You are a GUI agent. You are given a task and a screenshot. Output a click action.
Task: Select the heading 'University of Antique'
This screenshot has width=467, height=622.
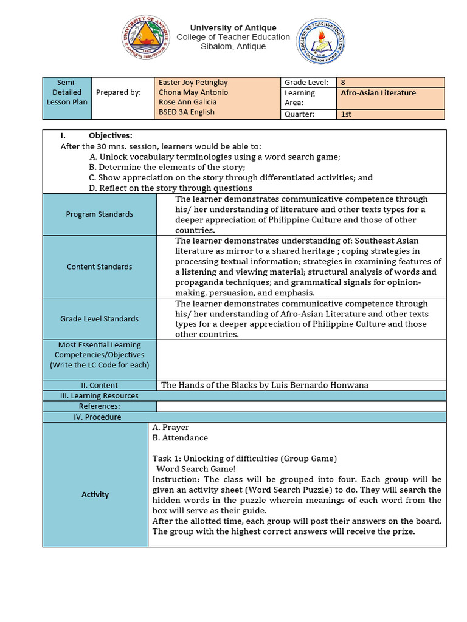(233, 28)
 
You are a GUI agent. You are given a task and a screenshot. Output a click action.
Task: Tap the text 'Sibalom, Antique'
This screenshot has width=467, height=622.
(233, 47)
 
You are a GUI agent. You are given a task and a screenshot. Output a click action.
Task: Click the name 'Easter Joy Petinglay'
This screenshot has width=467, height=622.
(193, 83)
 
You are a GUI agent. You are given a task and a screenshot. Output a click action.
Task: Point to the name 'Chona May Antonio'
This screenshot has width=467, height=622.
(193, 92)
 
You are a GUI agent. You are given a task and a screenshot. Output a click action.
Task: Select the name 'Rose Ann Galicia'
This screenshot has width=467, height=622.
(187, 102)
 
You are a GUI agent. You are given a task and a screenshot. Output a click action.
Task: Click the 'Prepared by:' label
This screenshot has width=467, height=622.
(119, 92)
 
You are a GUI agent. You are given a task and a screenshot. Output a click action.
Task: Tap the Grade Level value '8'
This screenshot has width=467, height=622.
(344, 83)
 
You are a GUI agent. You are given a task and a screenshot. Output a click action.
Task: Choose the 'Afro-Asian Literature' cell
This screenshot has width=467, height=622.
(378, 93)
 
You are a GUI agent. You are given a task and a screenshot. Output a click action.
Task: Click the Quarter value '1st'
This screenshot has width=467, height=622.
(346, 114)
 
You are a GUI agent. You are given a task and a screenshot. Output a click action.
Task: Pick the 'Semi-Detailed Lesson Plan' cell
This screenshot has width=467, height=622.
(67, 92)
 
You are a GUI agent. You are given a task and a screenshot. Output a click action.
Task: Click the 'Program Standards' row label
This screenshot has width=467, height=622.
(100, 214)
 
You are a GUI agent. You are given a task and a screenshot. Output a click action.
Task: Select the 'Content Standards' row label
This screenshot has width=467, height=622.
(100, 267)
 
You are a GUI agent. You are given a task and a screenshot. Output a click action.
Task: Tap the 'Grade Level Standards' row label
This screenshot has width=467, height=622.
(100, 319)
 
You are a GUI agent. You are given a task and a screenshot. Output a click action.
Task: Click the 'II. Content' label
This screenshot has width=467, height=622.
(100, 385)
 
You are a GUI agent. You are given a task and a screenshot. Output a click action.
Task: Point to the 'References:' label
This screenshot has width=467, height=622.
(100, 406)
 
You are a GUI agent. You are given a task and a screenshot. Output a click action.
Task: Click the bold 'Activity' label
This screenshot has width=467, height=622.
(95, 494)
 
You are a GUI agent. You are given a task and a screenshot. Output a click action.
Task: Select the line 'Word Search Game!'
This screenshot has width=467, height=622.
(196, 469)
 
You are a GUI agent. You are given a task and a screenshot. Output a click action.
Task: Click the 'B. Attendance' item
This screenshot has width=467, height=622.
(180, 438)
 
